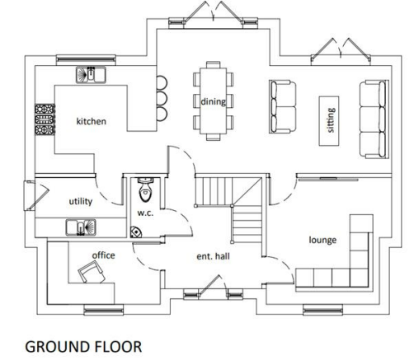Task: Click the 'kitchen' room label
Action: (92, 121)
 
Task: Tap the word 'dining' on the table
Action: (213, 101)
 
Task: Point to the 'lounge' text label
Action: (322, 240)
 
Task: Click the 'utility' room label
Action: (80, 201)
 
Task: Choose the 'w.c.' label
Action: (146, 213)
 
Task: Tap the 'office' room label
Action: (103, 255)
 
